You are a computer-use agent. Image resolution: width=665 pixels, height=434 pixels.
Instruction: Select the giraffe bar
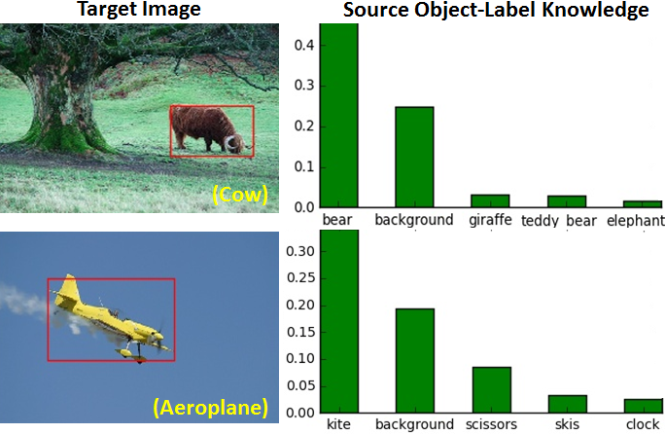tap(490, 200)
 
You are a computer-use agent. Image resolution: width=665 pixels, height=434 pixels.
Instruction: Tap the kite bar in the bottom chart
tap(339, 321)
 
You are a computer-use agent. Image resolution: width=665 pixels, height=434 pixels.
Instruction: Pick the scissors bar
tap(491, 389)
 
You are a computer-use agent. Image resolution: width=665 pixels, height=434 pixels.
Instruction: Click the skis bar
tap(567, 403)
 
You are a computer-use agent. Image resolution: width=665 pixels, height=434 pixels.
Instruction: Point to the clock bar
tap(643, 405)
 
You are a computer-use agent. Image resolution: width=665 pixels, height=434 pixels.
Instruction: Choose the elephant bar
tap(643, 203)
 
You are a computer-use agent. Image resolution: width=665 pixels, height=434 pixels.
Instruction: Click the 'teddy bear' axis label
tap(567, 221)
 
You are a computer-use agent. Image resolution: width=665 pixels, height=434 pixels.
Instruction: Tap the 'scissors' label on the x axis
tap(491, 425)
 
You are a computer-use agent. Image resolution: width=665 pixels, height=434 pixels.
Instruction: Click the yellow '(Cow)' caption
tap(239, 195)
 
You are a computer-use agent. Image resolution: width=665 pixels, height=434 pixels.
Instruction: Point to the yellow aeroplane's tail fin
tap(68, 289)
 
